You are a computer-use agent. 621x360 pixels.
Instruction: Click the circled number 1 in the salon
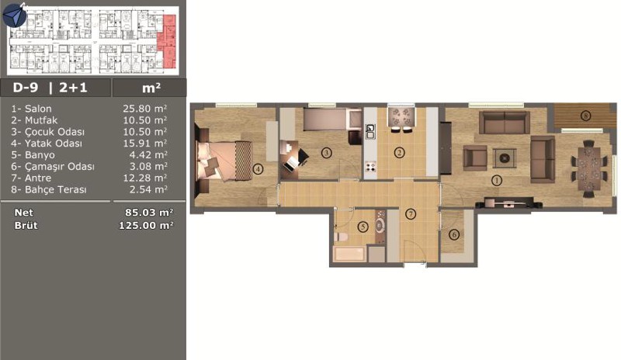pyautogui.click(x=496, y=181)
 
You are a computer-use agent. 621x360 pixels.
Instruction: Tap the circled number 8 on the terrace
pyautogui.click(x=585, y=116)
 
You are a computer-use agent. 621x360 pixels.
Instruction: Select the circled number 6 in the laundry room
pyautogui.click(x=454, y=235)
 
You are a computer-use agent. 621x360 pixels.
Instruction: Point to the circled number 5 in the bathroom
pyautogui.click(x=363, y=227)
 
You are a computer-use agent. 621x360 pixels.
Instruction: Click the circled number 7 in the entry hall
pyautogui.click(x=411, y=214)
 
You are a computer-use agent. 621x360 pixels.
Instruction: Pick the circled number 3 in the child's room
pyautogui.click(x=326, y=153)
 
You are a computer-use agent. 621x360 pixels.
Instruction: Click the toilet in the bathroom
pyautogui.click(x=341, y=237)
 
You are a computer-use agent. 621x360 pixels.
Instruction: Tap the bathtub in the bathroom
pyautogui.click(x=349, y=254)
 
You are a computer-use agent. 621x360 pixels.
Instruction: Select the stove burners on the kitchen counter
pyautogui.click(x=370, y=166)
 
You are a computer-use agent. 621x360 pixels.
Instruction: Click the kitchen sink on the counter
pyautogui.click(x=370, y=131)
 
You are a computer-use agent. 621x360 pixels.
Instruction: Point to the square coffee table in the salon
pyautogui.click(x=504, y=158)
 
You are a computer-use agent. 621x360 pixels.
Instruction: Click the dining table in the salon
pyautogui.click(x=589, y=168)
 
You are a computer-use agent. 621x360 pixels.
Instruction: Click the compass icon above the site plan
pyautogui.click(x=14, y=15)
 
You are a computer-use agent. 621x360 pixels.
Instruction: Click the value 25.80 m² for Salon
pyautogui.click(x=144, y=109)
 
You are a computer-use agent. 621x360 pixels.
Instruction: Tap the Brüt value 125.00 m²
pyautogui.click(x=146, y=226)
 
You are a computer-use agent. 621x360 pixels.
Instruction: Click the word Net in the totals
pyautogui.click(x=24, y=213)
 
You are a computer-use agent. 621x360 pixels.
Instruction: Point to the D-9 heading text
pyautogui.click(x=26, y=88)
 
